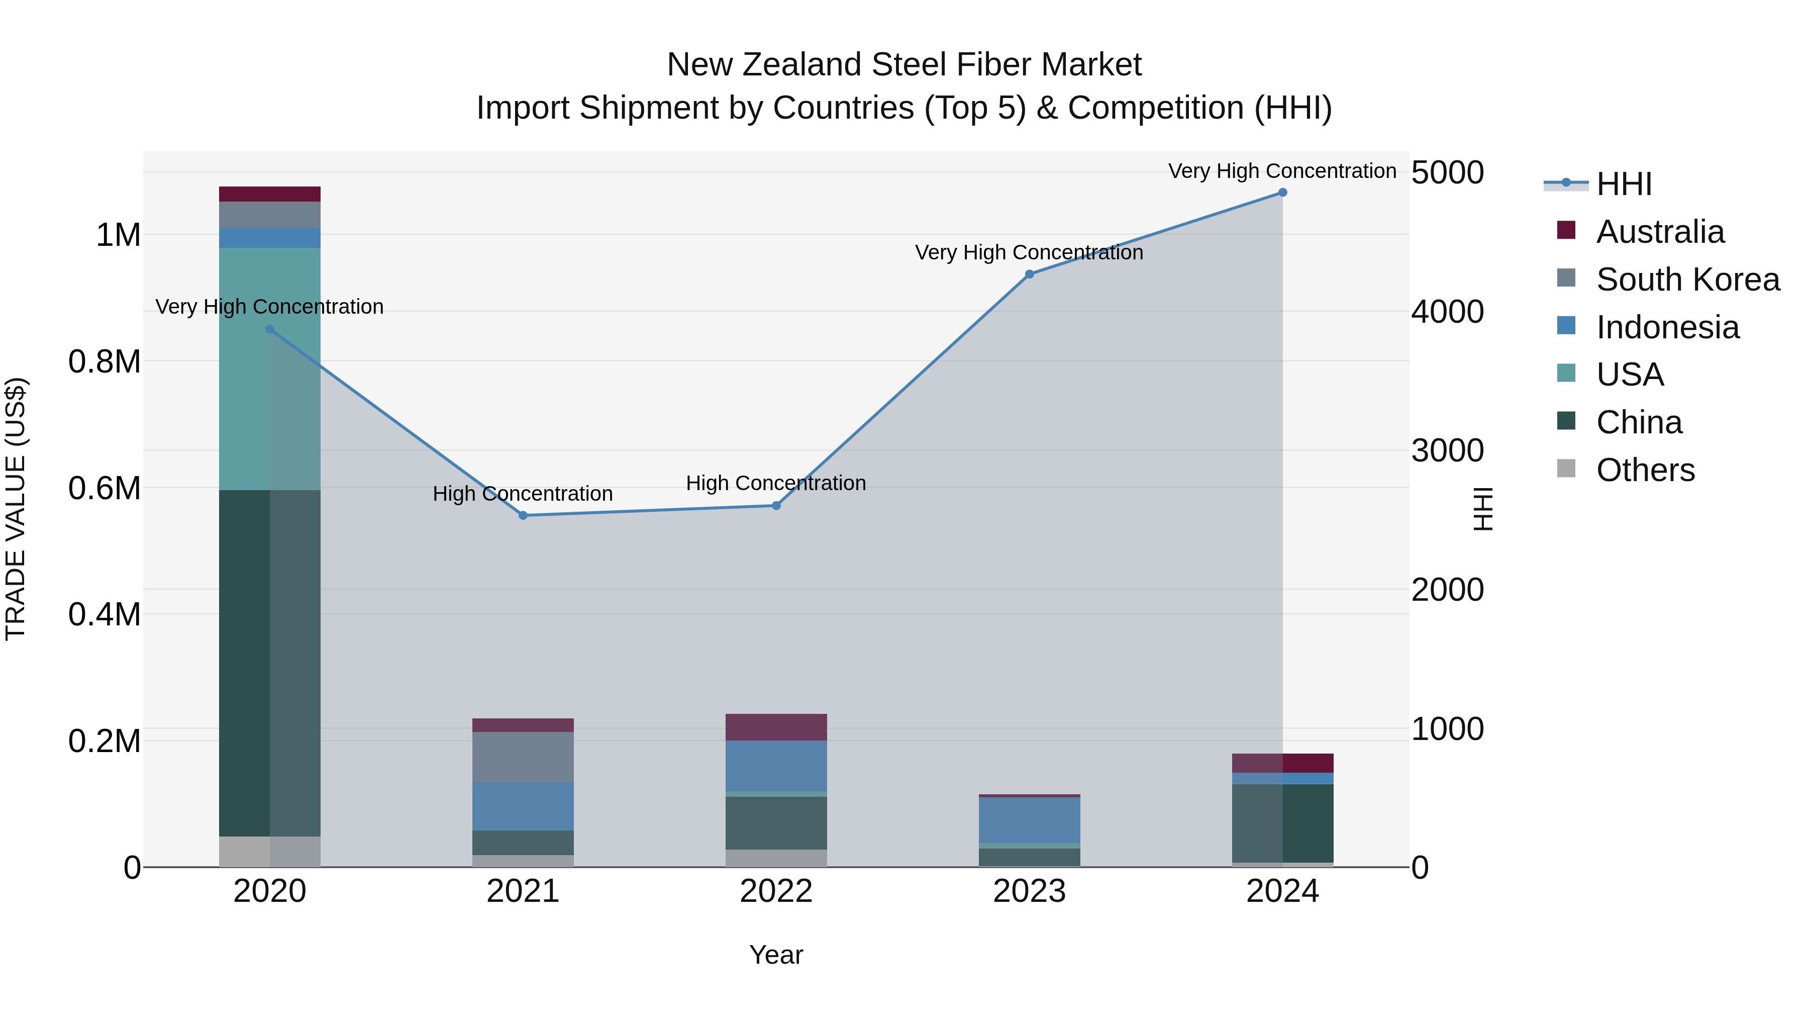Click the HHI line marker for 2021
[x=523, y=516]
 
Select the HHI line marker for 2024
[x=1282, y=193]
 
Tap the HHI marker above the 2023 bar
[x=1030, y=274]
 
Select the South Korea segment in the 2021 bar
[x=523, y=758]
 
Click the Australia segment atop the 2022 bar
[x=776, y=727]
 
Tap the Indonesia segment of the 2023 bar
[x=1030, y=820]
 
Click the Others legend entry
[x=1645, y=470]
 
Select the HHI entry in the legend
[x=1624, y=184]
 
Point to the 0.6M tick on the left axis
[x=106, y=488]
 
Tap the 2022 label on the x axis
[x=776, y=891]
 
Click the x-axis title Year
[x=776, y=955]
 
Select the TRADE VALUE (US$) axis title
[x=16, y=509]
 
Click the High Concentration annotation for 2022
[x=776, y=483]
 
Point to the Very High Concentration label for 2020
[x=270, y=307]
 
